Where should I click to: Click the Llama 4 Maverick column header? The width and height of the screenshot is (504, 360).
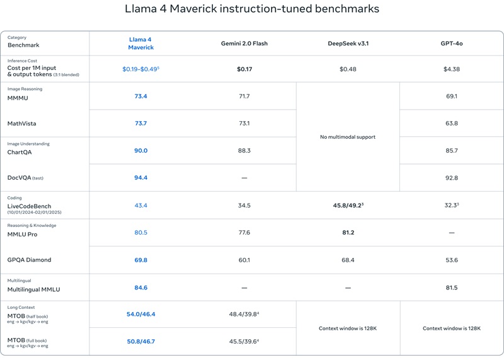(140, 44)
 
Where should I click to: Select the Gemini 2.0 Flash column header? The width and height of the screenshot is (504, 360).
(244, 44)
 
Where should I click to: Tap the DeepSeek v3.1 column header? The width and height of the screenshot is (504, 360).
(348, 44)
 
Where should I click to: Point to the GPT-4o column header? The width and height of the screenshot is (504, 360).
(452, 44)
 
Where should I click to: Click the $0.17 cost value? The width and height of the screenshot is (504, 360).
(244, 69)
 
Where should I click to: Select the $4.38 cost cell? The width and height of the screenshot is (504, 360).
(452, 69)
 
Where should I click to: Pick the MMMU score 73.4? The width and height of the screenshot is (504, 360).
(140, 96)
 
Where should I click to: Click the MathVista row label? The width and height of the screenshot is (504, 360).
(22, 124)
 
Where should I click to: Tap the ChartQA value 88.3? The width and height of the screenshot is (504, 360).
(244, 151)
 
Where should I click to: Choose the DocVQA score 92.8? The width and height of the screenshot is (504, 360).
(452, 178)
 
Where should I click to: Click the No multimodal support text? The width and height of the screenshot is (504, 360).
(348, 137)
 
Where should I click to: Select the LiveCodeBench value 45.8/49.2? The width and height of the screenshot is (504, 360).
(348, 206)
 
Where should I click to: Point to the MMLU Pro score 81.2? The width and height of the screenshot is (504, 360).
(348, 233)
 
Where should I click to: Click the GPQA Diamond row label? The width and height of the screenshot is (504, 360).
(29, 260)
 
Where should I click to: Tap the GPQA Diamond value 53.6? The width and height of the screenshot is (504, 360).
(452, 260)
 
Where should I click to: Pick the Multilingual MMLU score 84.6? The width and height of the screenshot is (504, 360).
(140, 287)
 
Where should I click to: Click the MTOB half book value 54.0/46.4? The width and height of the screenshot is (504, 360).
(140, 315)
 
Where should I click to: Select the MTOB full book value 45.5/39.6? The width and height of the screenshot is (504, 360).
(244, 341)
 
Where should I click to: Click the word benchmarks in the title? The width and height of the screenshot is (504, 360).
(347, 9)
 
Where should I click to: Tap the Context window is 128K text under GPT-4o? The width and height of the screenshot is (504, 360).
(452, 328)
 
